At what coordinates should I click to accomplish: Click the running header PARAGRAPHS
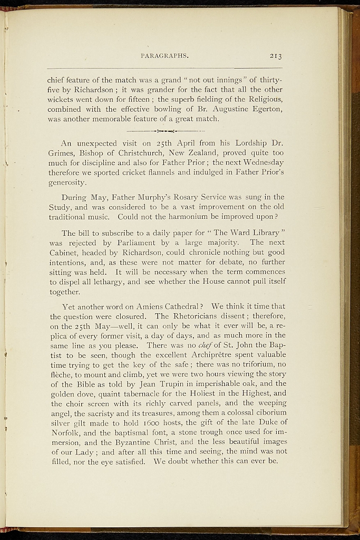click(165, 55)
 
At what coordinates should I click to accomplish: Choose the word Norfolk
click(64, 432)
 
